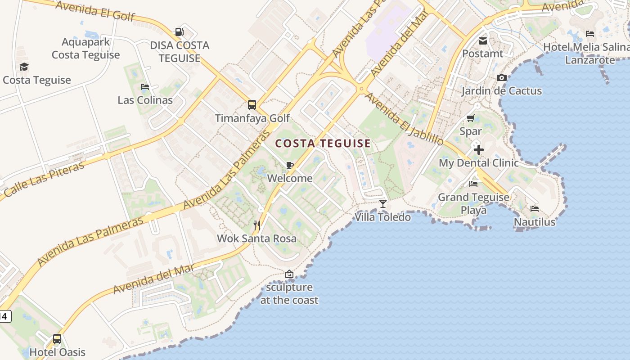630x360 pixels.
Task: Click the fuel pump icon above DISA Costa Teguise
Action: [x=179, y=31]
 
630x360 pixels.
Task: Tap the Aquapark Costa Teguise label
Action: [x=85, y=49]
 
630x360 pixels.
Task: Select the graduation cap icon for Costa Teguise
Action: [x=24, y=67]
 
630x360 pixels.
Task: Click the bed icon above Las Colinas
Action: [x=144, y=87]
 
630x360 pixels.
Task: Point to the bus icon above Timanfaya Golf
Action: [x=252, y=105]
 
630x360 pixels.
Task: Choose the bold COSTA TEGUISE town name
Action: [x=323, y=144]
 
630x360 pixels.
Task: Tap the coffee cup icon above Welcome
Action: [x=289, y=165]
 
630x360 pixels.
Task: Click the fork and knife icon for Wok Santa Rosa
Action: [x=257, y=225]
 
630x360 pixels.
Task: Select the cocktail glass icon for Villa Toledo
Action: [x=382, y=204]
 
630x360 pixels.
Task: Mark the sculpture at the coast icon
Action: [x=289, y=274]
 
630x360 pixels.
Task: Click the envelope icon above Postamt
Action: [x=483, y=41]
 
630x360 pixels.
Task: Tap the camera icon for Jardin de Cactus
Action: [x=501, y=78]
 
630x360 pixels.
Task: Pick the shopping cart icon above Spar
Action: [x=470, y=118]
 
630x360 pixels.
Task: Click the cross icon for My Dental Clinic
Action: [x=478, y=150]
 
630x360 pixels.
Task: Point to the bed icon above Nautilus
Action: [x=534, y=209]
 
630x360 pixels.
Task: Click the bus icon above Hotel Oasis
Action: [x=57, y=338]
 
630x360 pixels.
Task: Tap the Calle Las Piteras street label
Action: [x=44, y=180]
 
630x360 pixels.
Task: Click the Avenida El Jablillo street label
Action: [x=404, y=119]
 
